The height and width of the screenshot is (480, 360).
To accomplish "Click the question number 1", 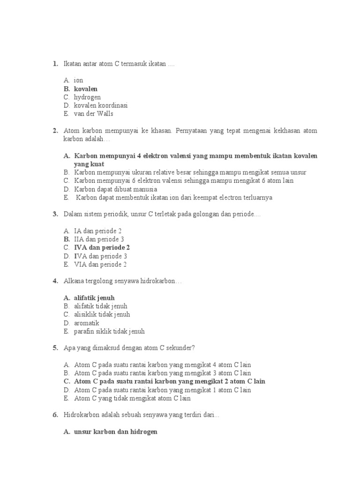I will pos(55,63).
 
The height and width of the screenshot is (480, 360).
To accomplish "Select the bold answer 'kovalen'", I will pos(86,89).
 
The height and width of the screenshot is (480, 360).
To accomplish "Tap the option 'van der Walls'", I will pos(94,114).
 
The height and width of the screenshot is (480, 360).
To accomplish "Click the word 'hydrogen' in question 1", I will pos(87,97).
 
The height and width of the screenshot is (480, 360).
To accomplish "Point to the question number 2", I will pos(55,130).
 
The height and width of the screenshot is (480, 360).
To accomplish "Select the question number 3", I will pos(55,214).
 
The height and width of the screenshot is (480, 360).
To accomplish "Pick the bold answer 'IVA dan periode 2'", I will pos(102,247).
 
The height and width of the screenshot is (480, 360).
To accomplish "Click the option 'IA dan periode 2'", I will pos(98,231).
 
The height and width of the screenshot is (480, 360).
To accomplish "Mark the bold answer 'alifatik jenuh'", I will pos(94,298).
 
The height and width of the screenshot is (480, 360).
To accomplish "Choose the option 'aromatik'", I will pos(87,323).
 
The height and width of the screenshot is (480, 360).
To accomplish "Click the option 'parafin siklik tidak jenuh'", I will pos(109,331).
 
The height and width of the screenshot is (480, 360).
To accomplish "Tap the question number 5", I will pos(55,348).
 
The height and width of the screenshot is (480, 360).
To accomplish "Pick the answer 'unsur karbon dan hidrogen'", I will pos(115,432).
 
